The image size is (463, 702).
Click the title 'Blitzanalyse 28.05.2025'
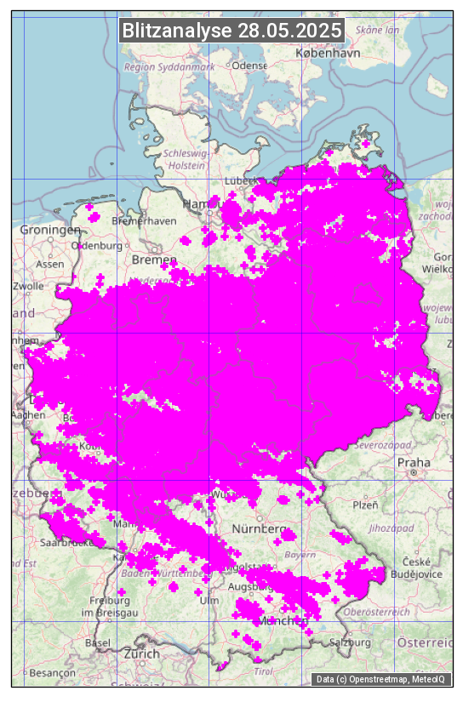tap(231, 31)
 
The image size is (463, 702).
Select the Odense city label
tap(249, 66)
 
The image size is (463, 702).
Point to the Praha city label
tap(414, 464)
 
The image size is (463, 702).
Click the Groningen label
tap(50, 230)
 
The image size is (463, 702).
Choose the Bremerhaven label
tap(143, 221)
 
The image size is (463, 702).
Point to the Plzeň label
tap(365, 505)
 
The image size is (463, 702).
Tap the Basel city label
tap(98, 642)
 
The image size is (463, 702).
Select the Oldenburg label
tap(97, 245)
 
